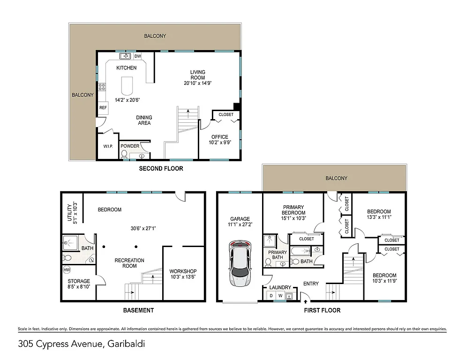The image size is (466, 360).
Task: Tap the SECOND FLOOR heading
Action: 161,168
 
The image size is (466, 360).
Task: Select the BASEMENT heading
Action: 138,310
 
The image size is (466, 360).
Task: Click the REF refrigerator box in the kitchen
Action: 103,108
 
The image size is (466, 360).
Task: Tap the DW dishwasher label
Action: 137,56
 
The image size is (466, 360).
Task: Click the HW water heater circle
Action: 67,270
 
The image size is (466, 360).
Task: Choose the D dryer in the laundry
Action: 271,296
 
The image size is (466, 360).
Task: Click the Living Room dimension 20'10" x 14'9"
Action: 197,83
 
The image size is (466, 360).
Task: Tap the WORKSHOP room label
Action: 183,271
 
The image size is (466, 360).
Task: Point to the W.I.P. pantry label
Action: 107,146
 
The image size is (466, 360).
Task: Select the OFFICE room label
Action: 219,137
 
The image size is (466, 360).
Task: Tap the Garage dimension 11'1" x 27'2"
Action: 240,225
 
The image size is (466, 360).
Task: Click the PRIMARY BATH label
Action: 277,255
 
